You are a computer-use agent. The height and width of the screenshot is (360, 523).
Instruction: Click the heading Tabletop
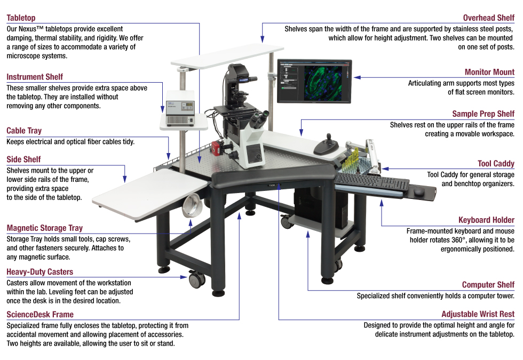pyautogui.click(x=21, y=18)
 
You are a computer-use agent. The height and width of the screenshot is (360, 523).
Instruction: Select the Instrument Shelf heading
pyautogui.click(x=35, y=77)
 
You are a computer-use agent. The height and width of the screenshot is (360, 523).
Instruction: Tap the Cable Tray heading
pyautogui.click(x=24, y=131)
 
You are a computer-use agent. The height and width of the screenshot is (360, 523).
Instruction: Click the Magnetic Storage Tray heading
pyautogui.click(x=45, y=228)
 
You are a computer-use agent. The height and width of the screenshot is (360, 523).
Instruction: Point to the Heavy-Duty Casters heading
pyautogui.click(x=40, y=272)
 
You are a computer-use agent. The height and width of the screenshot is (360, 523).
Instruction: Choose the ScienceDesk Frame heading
pyautogui.click(x=40, y=315)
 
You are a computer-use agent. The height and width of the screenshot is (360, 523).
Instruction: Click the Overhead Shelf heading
pyautogui.click(x=488, y=18)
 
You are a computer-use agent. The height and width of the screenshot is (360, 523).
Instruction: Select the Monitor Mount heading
pyautogui.click(x=489, y=72)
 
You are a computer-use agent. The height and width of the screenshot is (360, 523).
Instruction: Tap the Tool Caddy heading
pyautogui.click(x=496, y=164)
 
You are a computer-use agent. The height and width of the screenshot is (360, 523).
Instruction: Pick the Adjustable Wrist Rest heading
pyautogui.click(x=478, y=315)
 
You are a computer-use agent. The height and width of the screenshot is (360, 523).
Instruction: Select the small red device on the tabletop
pyautogui.click(x=218, y=148)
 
